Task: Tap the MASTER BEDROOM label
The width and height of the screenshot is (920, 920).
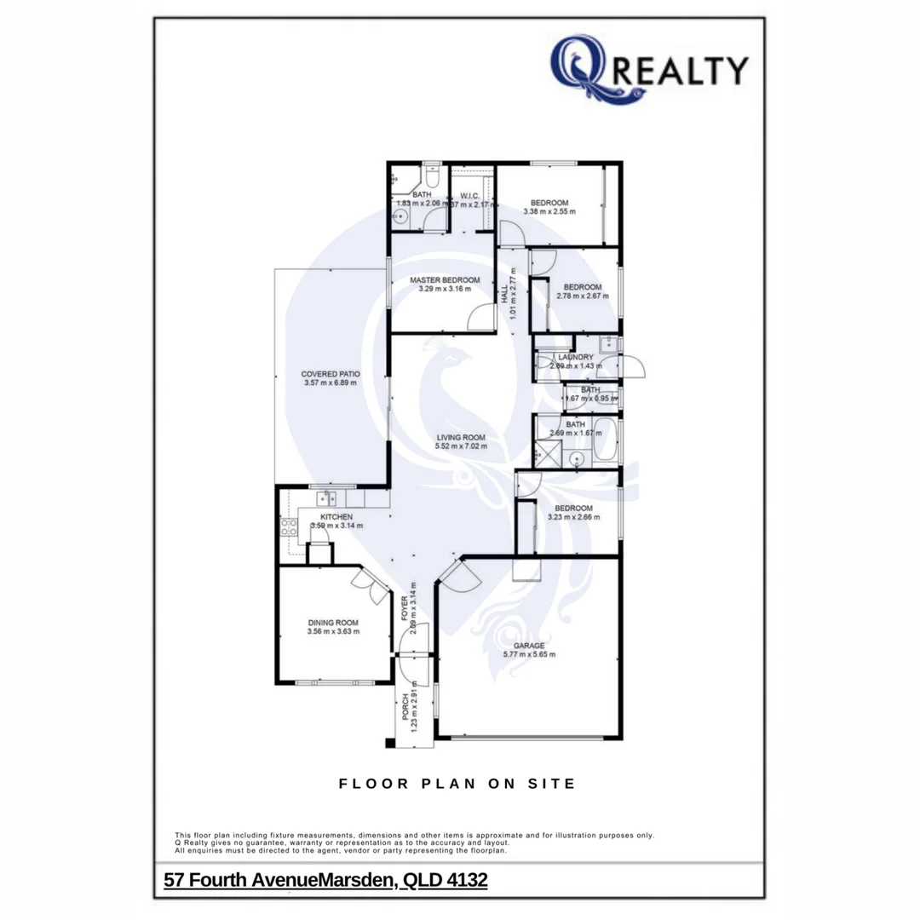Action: (x=444, y=279)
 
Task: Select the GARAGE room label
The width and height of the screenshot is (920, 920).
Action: (x=528, y=645)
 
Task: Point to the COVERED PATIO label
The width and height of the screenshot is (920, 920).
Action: (x=330, y=373)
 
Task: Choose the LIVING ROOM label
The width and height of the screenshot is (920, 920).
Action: (x=460, y=437)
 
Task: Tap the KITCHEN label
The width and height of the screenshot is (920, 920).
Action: (x=336, y=516)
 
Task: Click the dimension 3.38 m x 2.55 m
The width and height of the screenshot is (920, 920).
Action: (x=546, y=211)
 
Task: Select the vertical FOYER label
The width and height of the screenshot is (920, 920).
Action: (x=405, y=607)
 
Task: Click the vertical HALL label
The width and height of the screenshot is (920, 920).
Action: (x=505, y=295)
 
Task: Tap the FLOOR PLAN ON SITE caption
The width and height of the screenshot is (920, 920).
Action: (x=457, y=784)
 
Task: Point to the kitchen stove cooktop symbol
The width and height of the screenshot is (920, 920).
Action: (x=288, y=526)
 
